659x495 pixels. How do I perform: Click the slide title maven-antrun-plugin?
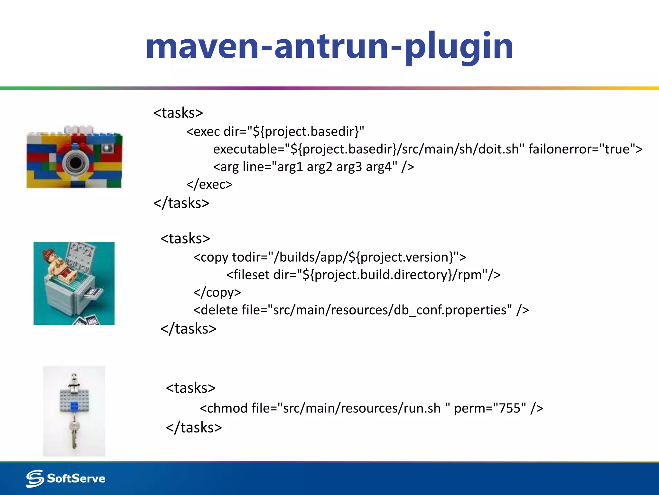[329, 47]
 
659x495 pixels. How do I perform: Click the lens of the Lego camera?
[75, 162]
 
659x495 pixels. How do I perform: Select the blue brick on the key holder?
[74, 407]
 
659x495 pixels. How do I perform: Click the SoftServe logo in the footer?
[66, 478]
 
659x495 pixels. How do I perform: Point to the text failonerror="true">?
[585, 149]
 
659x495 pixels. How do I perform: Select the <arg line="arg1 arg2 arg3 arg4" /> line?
[313, 167]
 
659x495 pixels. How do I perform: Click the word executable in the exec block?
[246, 149]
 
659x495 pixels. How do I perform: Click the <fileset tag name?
[248, 275]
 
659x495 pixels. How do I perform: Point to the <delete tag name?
[216, 310]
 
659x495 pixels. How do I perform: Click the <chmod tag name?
[224, 408]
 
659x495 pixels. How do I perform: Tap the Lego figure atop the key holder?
[74, 382]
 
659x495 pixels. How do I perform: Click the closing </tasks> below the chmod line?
[194, 428]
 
